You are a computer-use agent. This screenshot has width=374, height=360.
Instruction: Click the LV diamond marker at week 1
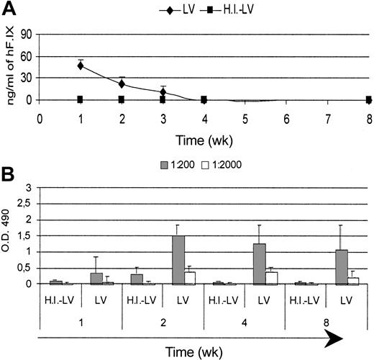81,66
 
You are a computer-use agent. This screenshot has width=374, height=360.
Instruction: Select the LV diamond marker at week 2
122,84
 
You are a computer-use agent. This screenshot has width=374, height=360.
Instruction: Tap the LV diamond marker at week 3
163,92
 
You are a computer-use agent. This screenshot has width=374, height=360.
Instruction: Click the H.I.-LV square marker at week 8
369,99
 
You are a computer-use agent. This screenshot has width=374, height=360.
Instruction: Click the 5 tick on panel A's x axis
245,114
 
